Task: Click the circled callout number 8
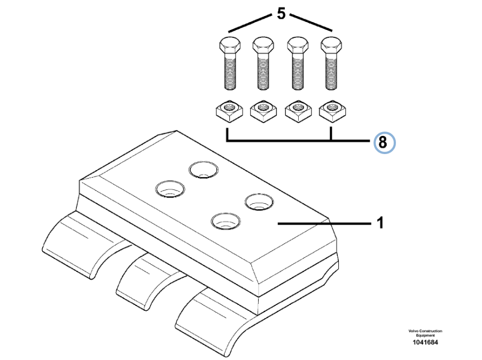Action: pyautogui.click(x=383, y=143)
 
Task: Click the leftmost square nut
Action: pyautogui.click(x=228, y=111)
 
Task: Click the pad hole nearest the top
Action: pyautogui.click(x=203, y=170)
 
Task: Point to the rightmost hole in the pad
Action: pyautogui.click(x=260, y=202)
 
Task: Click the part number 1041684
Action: pyautogui.click(x=425, y=342)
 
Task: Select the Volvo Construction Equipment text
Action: pyautogui.click(x=425, y=333)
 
